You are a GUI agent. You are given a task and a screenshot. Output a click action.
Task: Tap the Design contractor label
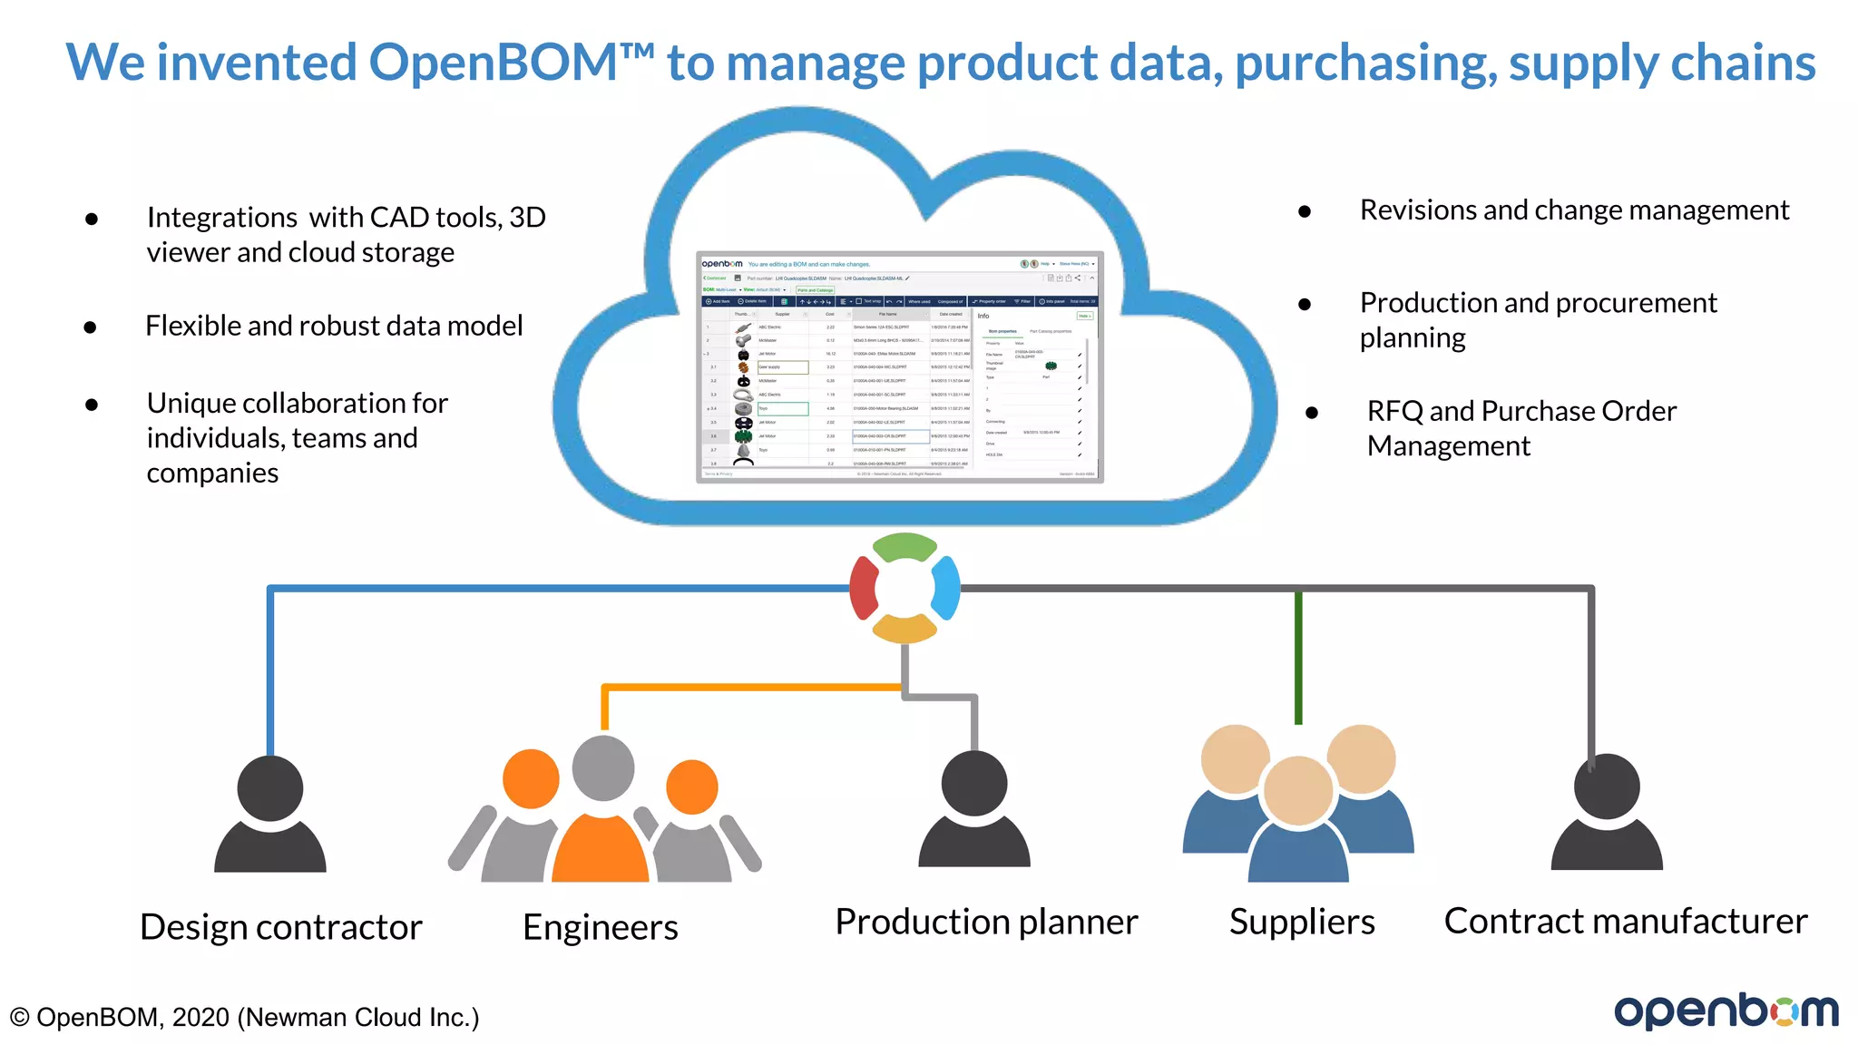[281, 927]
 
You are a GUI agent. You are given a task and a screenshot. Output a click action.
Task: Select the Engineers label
[601, 927]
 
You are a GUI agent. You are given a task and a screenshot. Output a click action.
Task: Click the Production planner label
[986, 922]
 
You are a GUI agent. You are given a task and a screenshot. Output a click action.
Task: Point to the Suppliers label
[1302, 922]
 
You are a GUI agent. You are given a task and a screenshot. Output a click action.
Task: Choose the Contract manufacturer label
[1626, 921]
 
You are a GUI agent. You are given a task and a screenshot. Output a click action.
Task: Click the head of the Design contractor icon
[270, 787]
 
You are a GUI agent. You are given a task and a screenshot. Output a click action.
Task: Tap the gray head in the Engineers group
[603, 767]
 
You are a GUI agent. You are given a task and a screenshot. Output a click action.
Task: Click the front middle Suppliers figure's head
[1298, 790]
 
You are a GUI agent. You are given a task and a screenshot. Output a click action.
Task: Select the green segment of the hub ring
[905, 547]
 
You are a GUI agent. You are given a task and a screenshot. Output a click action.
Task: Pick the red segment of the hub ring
[863, 588]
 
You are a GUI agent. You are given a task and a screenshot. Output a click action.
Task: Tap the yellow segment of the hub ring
[905, 629]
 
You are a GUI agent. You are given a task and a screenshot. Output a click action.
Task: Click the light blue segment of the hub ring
[946, 588]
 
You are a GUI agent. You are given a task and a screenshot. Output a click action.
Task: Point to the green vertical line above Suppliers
[1298, 658]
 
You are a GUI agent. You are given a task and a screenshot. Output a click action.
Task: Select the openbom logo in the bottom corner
[1726, 1011]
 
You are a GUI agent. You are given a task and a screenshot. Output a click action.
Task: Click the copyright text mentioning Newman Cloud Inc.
[244, 1017]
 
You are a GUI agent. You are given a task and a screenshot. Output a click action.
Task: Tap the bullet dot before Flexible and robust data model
[91, 327]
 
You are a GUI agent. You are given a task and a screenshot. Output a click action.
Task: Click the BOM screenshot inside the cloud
[899, 366]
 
